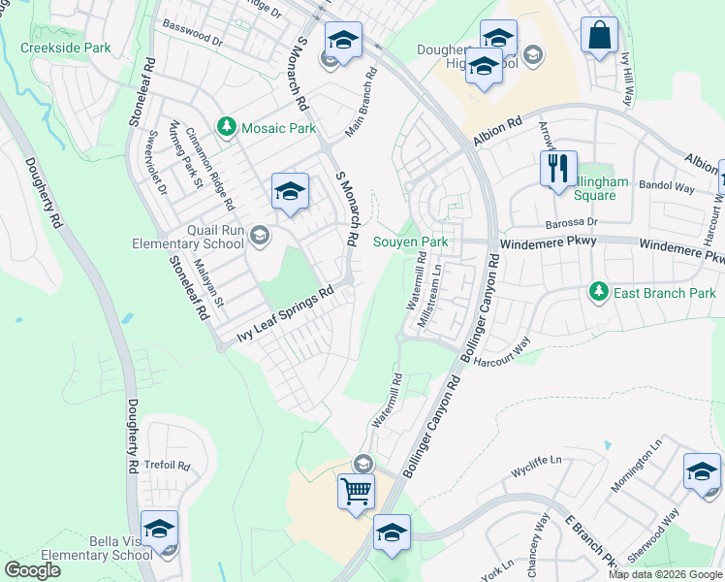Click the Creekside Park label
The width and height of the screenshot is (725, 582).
pos(65,48)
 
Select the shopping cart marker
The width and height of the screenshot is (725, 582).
pos(356,491)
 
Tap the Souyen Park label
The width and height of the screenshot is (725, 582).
pos(412,241)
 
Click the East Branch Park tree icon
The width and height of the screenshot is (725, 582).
pos(599,291)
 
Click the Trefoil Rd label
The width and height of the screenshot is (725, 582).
pos(166,465)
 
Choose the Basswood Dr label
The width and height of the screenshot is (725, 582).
pos(193,34)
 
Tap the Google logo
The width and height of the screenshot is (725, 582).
pos(32,570)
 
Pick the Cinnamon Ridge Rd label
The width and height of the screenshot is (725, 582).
pos(209,170)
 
